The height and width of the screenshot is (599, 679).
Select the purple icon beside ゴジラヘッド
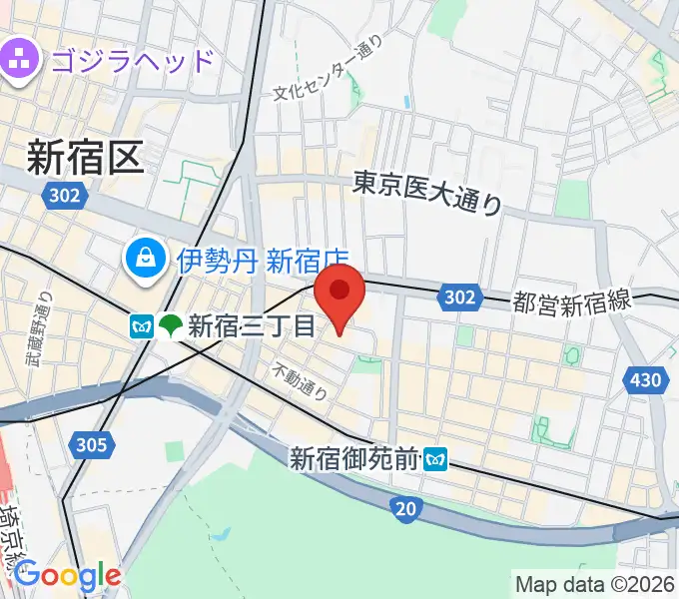pyautogui.click(x=19, y=59)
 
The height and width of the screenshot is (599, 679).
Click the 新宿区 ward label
pyautogui.click(x=86, y=157)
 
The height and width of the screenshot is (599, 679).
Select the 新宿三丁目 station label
pyautogui.click(x=251, y=325)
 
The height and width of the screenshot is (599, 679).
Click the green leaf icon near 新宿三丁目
pyautogui.click(x=170, y=325)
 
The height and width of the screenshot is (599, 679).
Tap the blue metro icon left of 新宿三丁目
pyautogui.click(x=140, y=325)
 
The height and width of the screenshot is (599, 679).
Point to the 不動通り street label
pyautogui.click(x=300, y=380)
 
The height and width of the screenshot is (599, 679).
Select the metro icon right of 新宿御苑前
pyautogui.click(x=435, y=459)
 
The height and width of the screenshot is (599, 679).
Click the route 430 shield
pyautogui.click(x=646, y=379)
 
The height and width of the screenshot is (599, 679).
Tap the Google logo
pyautogui.click(x=66, y=576)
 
